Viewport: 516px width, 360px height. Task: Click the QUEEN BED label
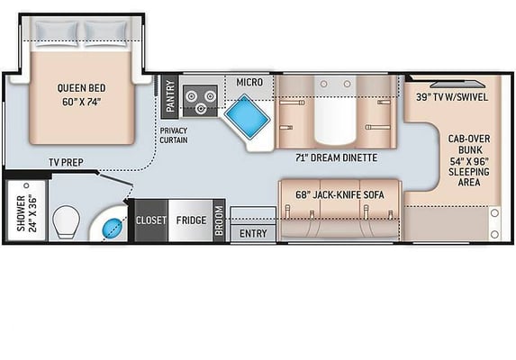pyautogui.click(x=82, y=88)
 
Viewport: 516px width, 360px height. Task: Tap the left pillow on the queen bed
pyautogui.click(x=57, y=34)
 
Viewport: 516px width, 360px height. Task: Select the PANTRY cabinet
pyautogui.click(x=170, y=96)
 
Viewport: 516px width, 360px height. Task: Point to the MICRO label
pyautogui.click(x=249, y=82)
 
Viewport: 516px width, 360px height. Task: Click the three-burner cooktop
pyautogui.click(x=200, y=101)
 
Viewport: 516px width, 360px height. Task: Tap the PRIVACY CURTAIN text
pyautogui.click(x=174, y=135)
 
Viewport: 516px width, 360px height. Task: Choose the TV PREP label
pyautogui.click(x=66, y=162)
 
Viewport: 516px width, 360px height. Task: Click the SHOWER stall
pyautogui.click(x=26, y=211)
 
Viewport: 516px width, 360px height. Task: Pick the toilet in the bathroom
pyautogui.click(x=66, y=222)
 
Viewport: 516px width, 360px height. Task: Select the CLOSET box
pyautogui.click(x=151, y=220)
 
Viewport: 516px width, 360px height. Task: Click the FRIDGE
pyautogui.click(x=191, y=220)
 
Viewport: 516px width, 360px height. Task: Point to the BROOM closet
pyautogui.click(x=219, y=220)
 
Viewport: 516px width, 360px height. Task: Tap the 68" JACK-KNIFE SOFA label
pyautogui.click(x=339, y=194)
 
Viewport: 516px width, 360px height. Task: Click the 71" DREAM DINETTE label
pyautogui.click(x=336, y=157)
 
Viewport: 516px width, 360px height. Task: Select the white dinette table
pyautogui.click(x=335, y=110)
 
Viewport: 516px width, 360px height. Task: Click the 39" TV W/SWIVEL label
pyautogui.click(x=452, y=97)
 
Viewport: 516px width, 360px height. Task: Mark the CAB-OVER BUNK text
pyautogui.click(x=469, y=144)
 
